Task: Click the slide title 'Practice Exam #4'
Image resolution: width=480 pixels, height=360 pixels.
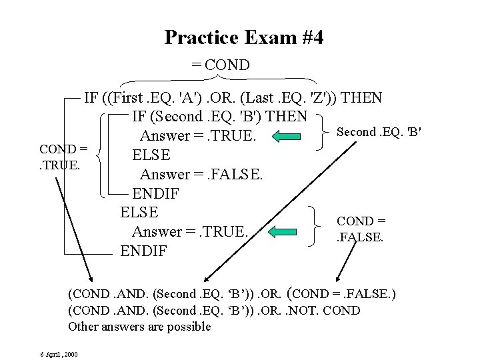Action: pyautogui.click(x=244, y=37)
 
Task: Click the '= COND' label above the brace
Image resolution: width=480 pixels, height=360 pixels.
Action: pyautogui.click(x=220, y=65)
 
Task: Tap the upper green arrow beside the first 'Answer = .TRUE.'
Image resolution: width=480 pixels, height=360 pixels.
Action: pyautogui.click(x=288, y=137)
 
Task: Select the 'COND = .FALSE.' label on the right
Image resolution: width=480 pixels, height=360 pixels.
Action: pyautogui.click(x=361, y=228)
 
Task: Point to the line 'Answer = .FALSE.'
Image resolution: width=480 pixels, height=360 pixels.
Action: pyautogui.click(x=202, y=175)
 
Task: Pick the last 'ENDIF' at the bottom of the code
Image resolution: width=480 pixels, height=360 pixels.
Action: pyautogui.click(x=143, y=251)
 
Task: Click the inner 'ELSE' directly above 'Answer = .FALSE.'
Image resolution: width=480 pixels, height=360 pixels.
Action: pyautogui.click(x=151, y=156)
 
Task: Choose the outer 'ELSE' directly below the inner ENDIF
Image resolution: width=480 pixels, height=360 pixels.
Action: pyautogui.click(x=139, y=213)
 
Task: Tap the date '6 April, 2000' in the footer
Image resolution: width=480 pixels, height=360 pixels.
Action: pyautogui.click(x=58, y=353)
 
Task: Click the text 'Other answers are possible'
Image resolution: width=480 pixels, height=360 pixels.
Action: pyautogui.click(x=139, y=327)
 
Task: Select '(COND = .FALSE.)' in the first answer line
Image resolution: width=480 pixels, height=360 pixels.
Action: pyautogui.click(x=341, y=293)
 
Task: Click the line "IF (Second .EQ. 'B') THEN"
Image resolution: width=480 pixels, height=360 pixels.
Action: pyautogui.click(x=219, y=117)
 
